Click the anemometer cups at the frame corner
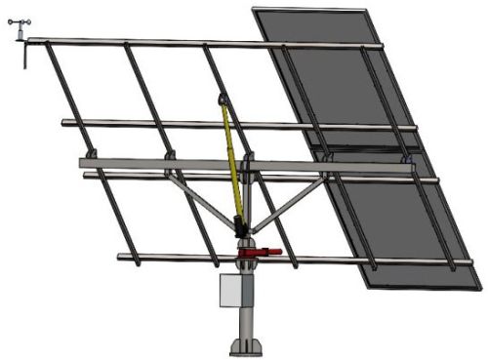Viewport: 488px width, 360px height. (x=20, y=28)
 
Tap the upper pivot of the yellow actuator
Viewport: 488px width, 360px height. (x=223, y=99)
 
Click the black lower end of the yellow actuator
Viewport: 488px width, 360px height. (x=240, y=227)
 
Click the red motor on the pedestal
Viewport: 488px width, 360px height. (x=258, y=253)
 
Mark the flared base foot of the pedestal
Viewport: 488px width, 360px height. (x=246, y=345)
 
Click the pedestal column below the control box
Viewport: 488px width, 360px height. (x=246, y=320)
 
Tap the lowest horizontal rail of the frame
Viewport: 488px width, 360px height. (x=176, y=258)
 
